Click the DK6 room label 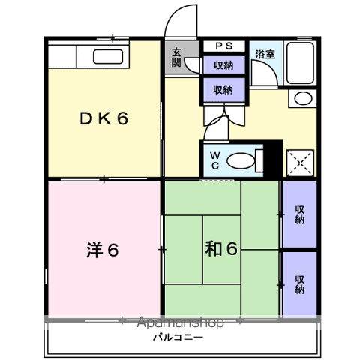(x=104, y=118)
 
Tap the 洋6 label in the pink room (x=102, y=249)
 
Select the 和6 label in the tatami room (x=221, y=248)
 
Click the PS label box (x=224, y=46)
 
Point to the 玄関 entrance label (x=176, y=57)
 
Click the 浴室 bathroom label (x=265, y=54)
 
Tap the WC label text (x=215, y=160)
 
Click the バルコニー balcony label (x=178, y=337)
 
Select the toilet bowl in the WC (x=241, y=161)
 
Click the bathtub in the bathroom (x=300, y=63)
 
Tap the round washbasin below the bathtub (x=303, y=98)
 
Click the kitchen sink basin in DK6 (x=108, y=57)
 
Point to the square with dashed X (x=300, y=163)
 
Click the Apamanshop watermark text (x=180, y=322)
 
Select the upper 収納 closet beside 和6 (x=299, y=214)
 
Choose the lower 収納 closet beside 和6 (x=299, y=284)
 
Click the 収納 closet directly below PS (x=224, y=65)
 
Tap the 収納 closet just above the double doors (x=224, y=89)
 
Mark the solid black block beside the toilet (x=273, y=159)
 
